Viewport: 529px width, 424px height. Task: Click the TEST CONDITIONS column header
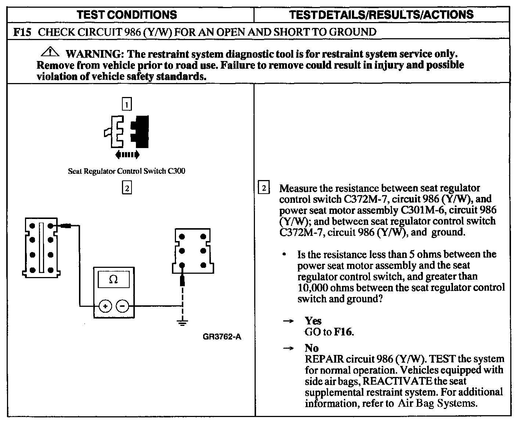tap(127, 15)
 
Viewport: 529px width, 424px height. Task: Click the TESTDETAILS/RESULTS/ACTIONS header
tap(381, 15)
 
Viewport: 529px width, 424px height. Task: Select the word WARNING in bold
tap(94, 54)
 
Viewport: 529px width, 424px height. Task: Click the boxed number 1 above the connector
tap(126, 105)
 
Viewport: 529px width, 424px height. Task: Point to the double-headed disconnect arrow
tap(127, 155)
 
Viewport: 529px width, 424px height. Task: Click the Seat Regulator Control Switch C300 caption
tap(127, 171)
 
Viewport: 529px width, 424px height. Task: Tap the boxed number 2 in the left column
tap(127, 188)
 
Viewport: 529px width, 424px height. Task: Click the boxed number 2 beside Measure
tap(264, 188)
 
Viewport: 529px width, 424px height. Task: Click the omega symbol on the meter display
tap(114, 280)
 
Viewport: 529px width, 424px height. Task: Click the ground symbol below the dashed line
tap(182, 323)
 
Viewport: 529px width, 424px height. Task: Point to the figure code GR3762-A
tap(222, 337)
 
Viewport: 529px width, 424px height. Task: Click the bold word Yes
tap(313, 321)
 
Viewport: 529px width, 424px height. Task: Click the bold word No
tap(312, 348)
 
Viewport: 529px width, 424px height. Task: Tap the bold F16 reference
tap(343, 332)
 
